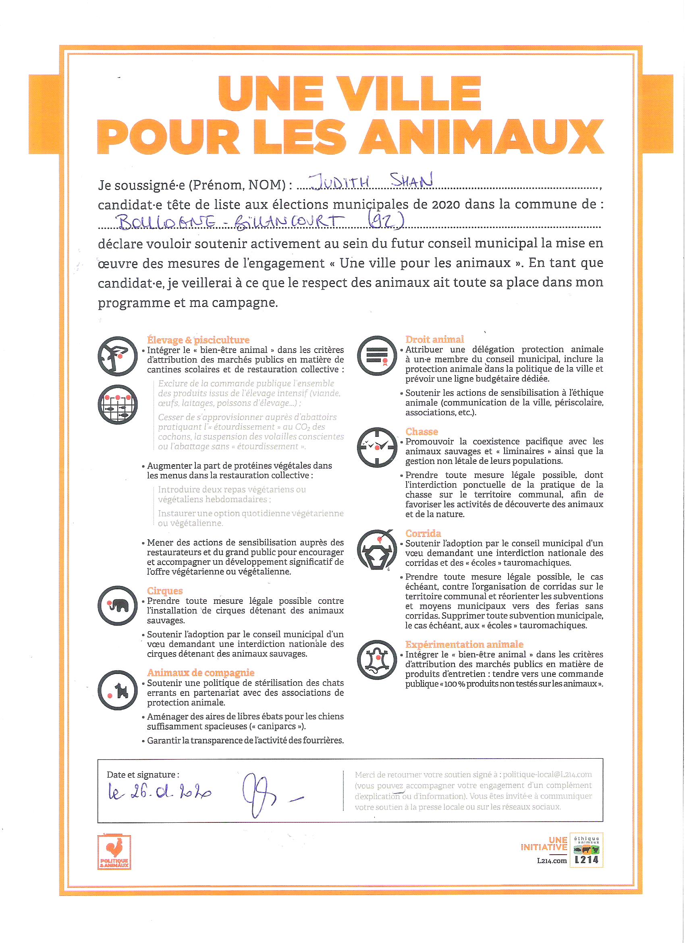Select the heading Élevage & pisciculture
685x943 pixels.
click(198, 340)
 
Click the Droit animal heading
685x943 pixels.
click(434, 339)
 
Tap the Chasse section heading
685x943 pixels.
click(421, 432)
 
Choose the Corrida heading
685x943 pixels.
click(423, 533)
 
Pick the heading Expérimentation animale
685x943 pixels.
click(464, 644)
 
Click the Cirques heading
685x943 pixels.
click(164, 591)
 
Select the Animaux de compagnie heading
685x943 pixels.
click(201, 672)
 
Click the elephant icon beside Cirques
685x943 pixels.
click(118, 606)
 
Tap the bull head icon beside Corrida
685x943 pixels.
click(377, 550)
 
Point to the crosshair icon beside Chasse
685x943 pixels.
click(377, 447)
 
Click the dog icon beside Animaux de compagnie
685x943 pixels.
click(118, 691)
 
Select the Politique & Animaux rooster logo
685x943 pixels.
click(114, 852)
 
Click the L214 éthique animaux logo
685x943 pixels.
click(586, 850)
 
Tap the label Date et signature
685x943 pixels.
click(143, 774)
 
